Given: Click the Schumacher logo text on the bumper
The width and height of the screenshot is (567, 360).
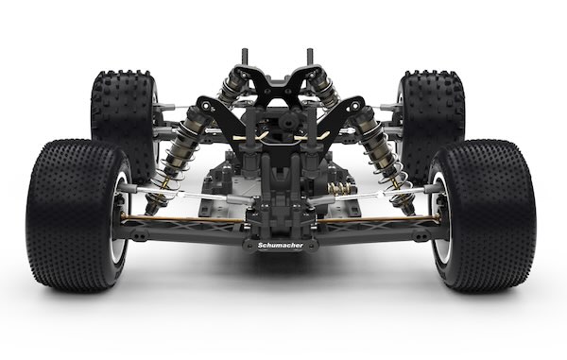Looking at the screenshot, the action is click(281, 246).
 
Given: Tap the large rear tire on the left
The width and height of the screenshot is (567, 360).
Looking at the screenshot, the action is click(77, 216).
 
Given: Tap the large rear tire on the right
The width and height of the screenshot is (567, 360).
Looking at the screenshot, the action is click(483, 216).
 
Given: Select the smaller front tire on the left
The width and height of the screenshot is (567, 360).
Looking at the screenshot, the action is click(124, 123).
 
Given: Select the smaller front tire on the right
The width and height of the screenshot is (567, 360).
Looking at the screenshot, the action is click(432, 123).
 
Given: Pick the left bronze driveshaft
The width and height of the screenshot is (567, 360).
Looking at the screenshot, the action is click(183, 219).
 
